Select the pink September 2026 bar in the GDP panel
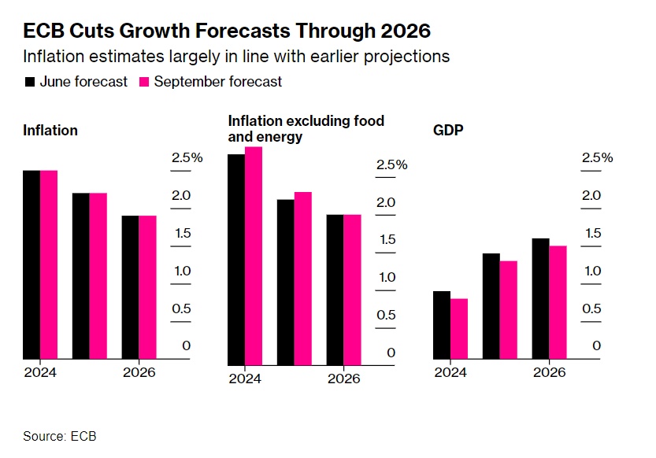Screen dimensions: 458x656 558,303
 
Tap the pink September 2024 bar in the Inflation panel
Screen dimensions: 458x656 49,264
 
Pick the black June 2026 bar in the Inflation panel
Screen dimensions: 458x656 130,287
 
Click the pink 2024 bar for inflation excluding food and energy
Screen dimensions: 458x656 254,256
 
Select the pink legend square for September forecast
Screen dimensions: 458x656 144,82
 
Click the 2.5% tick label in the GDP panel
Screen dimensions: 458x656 597,158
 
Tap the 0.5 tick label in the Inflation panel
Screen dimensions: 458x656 182,308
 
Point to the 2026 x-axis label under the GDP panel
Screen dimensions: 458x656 549,372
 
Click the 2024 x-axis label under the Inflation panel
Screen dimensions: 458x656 40,372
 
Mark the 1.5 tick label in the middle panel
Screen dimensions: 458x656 386,240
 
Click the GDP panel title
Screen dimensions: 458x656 448,130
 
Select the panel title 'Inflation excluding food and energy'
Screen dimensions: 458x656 306,129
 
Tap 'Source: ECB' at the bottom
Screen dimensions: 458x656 59,436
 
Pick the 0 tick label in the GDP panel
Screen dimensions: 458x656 597,346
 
